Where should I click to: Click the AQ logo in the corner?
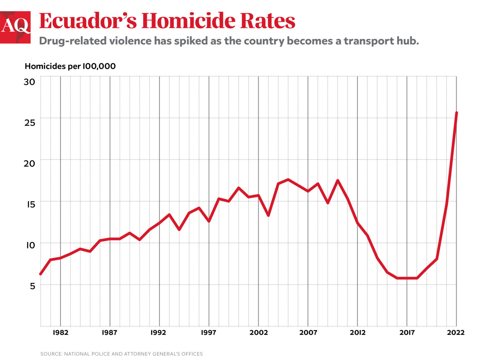pos(15,27)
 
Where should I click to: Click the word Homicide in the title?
pos(188,21)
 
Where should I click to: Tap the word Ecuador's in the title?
pos(88,21)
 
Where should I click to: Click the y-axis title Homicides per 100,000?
pos(70,66)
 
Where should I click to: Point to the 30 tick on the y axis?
pos(29,82)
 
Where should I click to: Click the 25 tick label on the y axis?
pos(29,123)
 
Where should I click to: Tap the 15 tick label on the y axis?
pos(30,204)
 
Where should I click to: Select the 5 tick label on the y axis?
pos(33,286)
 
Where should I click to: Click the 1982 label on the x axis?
pos(60,332)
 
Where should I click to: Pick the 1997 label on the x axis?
pos(209,332)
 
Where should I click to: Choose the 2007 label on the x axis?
pos(308,332)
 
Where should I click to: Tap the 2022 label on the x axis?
pos(456,332)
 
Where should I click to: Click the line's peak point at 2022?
pos(457,113)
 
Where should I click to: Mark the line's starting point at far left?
pos(41,274)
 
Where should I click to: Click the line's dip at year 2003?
pos(268,215)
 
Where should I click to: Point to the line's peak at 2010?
pos(338,180)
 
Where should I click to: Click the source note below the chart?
pos(122,354)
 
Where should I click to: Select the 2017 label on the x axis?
pos(407,332)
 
